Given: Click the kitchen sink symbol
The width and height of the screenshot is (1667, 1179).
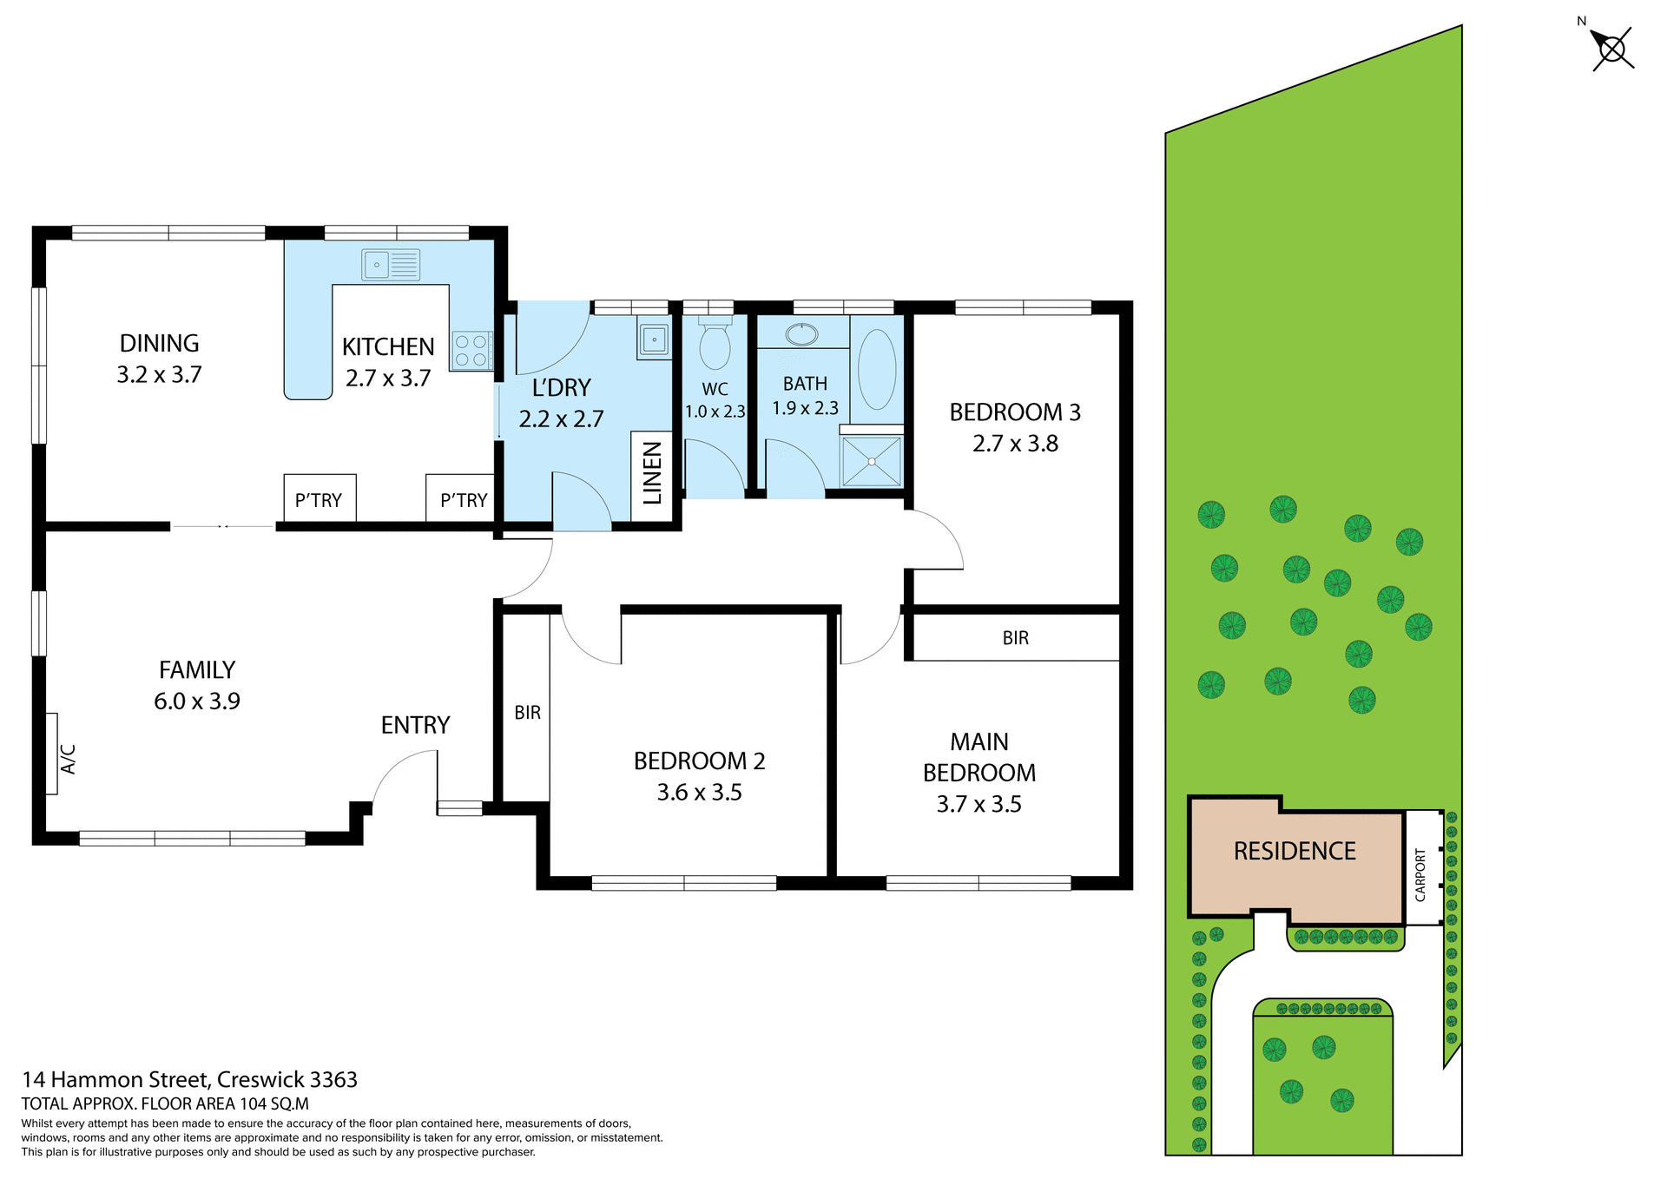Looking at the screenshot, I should pos(391,264).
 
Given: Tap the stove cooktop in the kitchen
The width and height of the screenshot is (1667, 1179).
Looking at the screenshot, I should pos(471,351).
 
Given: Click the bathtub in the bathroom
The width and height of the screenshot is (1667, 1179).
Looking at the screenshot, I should pos(877,369).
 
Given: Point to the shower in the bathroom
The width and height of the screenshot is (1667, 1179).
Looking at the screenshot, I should pos(872,461).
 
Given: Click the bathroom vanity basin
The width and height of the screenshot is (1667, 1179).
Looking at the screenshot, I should pos(801,334).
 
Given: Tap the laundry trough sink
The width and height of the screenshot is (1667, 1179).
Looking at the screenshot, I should pos(653,339).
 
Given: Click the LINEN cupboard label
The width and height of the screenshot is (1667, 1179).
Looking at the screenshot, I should pos(652,472).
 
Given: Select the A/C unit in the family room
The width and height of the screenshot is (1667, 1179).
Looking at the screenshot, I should pos(52,754).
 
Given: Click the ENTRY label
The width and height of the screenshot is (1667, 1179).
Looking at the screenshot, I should pos(415,725).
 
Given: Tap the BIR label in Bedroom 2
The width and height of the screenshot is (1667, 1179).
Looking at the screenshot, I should pos(527,713).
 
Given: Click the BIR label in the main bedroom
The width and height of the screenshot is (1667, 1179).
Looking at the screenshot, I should pos(1015,638).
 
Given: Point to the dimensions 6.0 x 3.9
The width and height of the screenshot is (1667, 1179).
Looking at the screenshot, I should pos(197,701).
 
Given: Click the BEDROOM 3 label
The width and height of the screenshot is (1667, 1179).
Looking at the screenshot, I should pos(1014,412).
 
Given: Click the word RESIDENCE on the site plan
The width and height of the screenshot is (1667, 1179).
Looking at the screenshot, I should pos(1295,851).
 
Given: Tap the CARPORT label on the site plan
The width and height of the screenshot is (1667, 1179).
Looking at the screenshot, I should pos(1420,874).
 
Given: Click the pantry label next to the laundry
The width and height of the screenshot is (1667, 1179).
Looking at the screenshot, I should pos(463,500).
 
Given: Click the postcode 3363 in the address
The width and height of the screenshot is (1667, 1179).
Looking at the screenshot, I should pos(333,1079).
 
